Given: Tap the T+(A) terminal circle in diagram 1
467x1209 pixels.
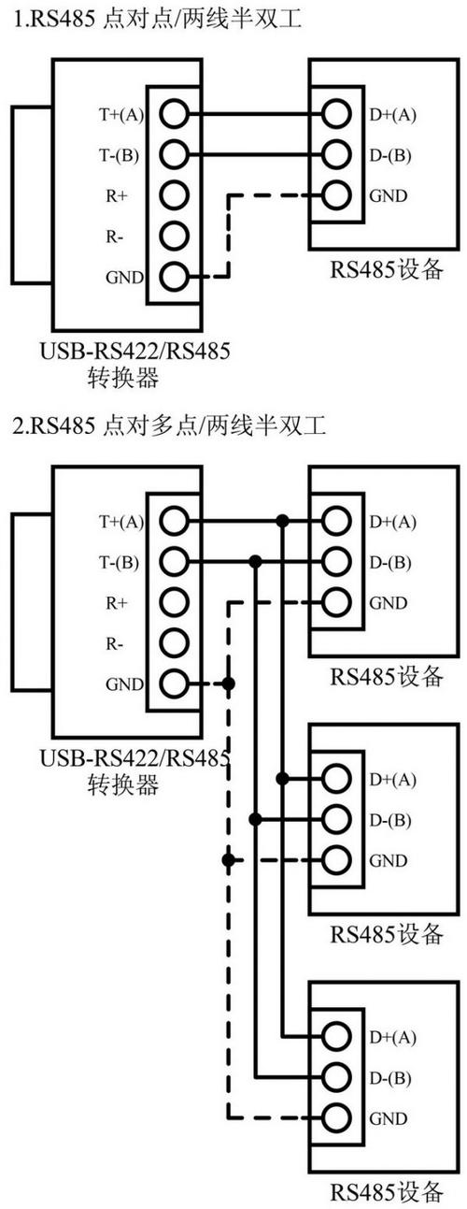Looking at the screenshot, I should pos(174,114).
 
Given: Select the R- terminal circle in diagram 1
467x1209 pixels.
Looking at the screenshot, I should pos(174,236).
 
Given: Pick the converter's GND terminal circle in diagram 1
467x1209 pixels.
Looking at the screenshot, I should pos(174,276).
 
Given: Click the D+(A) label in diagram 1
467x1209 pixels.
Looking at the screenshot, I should pos(392,115).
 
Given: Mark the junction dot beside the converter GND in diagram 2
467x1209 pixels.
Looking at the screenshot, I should pos(229,684).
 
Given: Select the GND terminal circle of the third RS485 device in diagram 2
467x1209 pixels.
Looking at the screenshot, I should pos(336,1117).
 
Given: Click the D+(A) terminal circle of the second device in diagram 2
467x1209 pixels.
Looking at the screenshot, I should pos(336,778).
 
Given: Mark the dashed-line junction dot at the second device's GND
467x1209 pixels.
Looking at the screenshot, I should pos(229,859).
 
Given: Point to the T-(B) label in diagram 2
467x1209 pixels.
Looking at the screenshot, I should pos(119,562).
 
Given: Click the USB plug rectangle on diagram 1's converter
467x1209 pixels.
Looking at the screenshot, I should pos(31,197).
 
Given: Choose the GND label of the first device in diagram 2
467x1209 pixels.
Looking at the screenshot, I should pos(388,603).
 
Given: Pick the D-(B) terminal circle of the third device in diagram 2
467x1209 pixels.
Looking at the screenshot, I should pos(336,1076).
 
